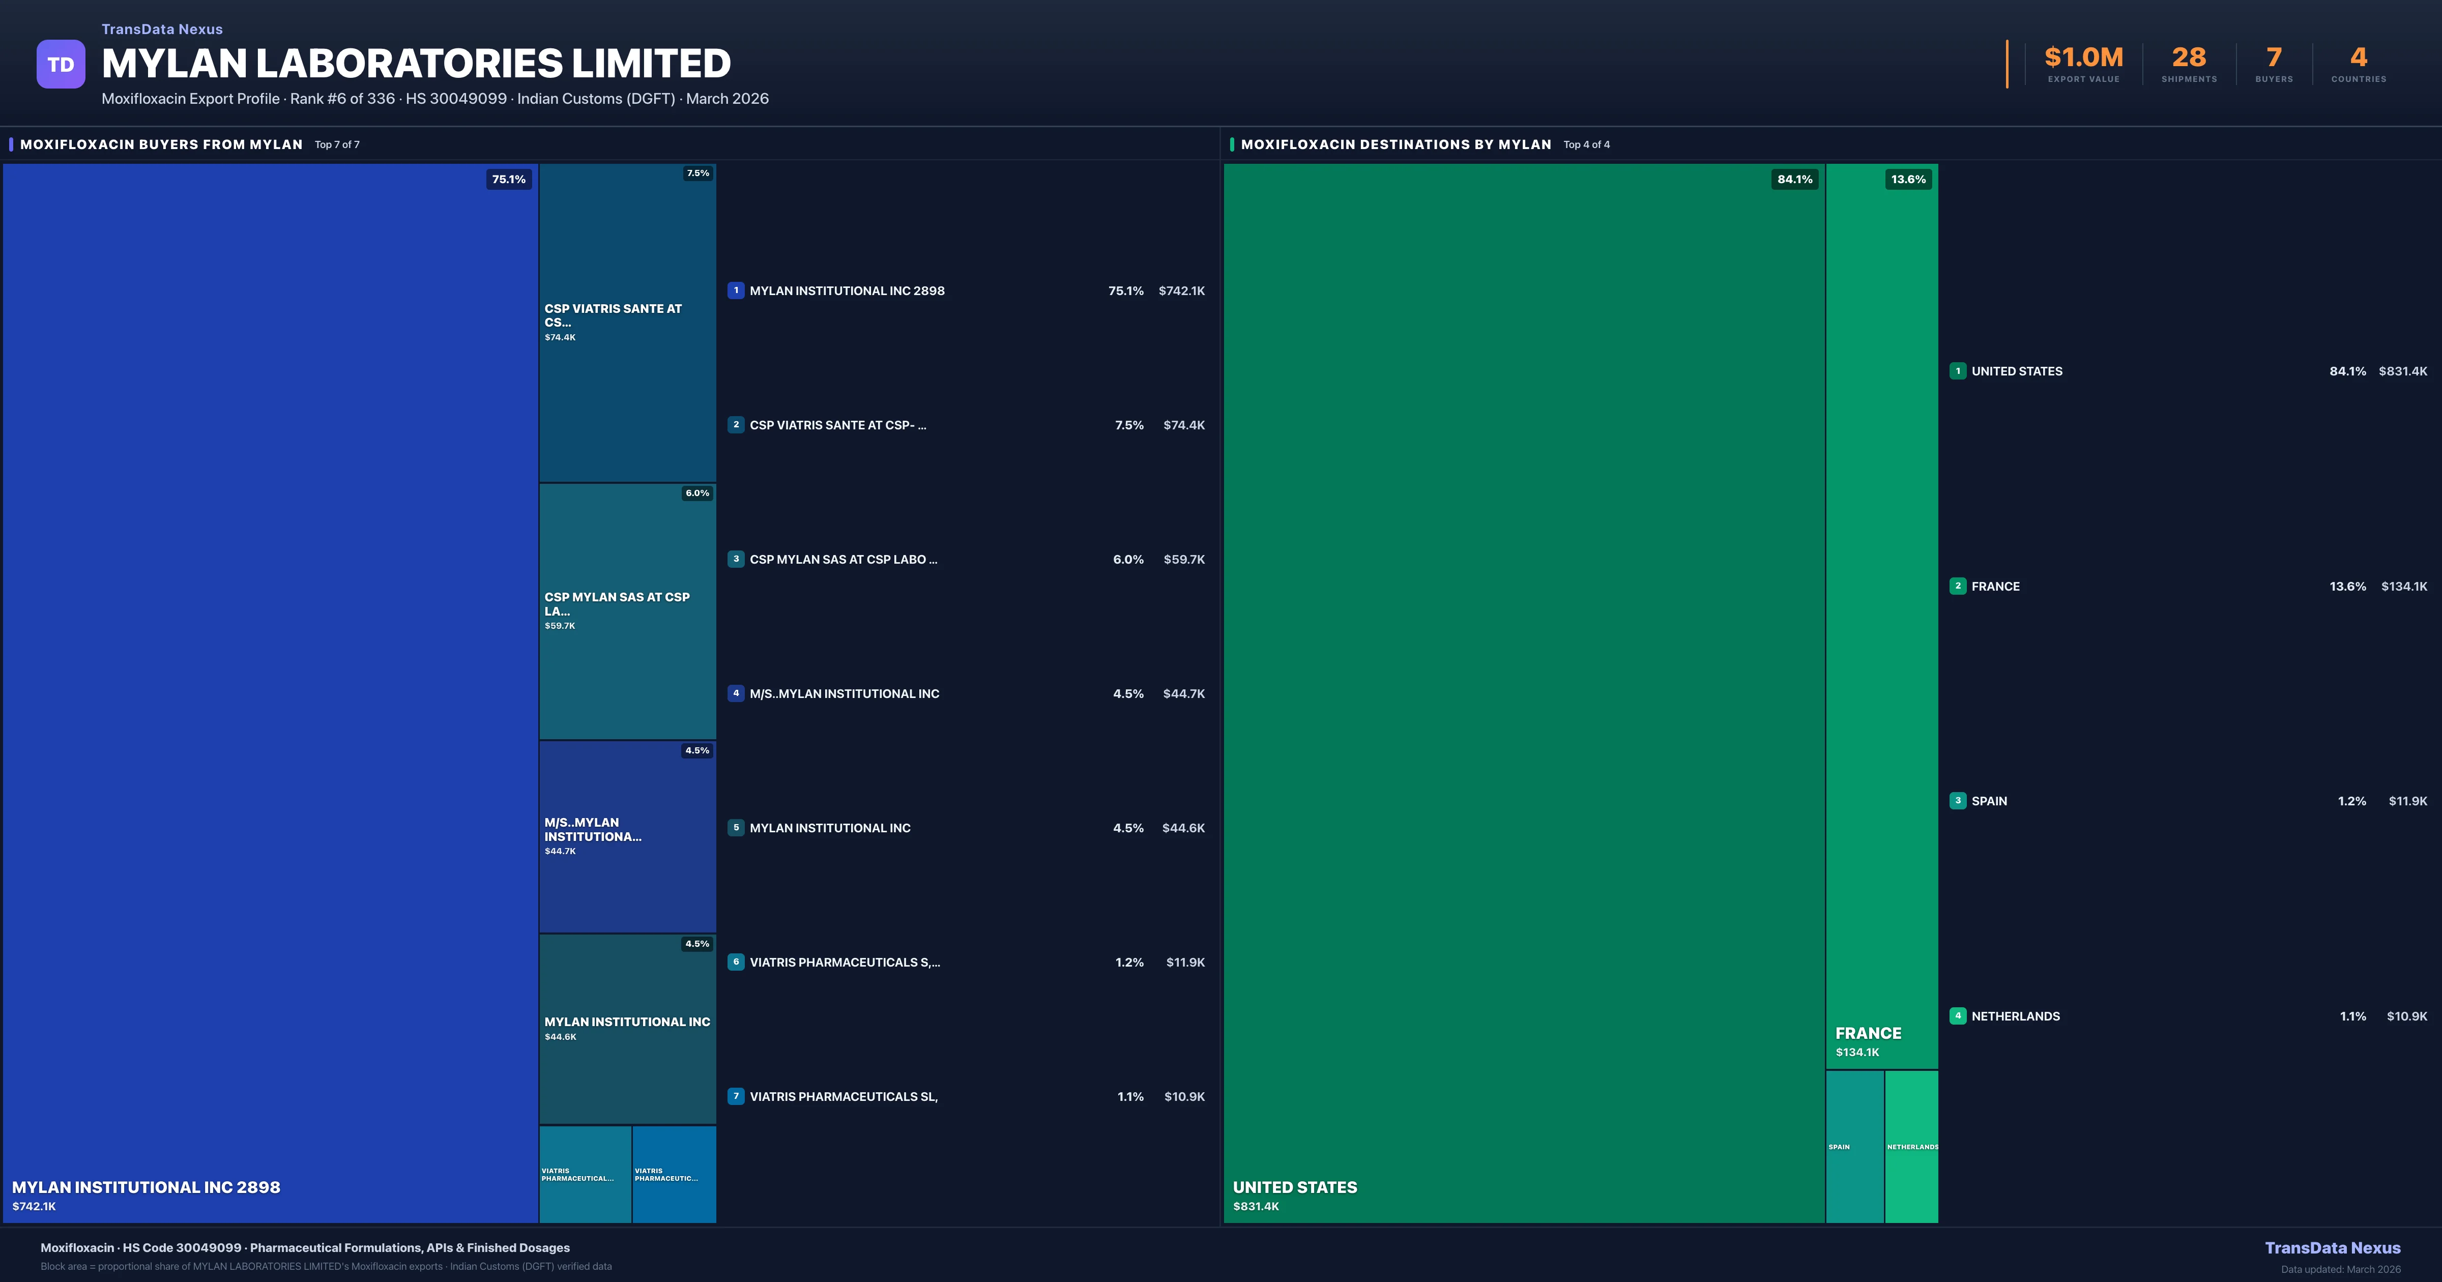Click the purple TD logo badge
tap(61, 65)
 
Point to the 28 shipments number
tap(2189, 58)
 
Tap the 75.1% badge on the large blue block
tap(508, 179)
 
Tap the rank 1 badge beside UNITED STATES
tap(1958, 371)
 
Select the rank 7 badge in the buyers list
tap(736, 1096)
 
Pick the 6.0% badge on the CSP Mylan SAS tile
tap(697, 493)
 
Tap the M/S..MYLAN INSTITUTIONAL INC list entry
tap(844, 694)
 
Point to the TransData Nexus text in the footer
tap(2332, 1248)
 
